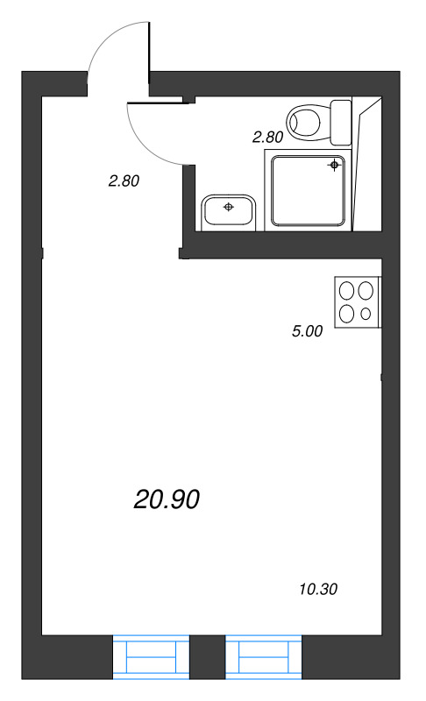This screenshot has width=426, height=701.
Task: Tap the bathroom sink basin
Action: click(x=228, y=210)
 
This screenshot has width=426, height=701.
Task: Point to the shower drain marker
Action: click(x=335, y=165)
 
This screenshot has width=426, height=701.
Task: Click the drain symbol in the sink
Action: click(x=228, y=207)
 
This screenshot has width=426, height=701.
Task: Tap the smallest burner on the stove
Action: click(x=366, y=314)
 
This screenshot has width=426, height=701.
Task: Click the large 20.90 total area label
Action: click(x=167, y=499)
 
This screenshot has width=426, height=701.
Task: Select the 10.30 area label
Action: click(x=318, y=589)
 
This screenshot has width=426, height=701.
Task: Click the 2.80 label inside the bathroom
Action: click(x=267, y=137)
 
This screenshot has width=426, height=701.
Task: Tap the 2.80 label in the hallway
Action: click(x=124, y=182)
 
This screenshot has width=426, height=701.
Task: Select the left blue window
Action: click(x=152, y=656)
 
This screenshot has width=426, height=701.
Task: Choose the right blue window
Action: click(x=264, y=656)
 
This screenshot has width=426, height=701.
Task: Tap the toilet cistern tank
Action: click(x=341, y=121)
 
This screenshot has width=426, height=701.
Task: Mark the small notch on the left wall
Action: click(x=42, y=254)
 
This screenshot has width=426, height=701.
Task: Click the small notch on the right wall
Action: click(x=383, y=378)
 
